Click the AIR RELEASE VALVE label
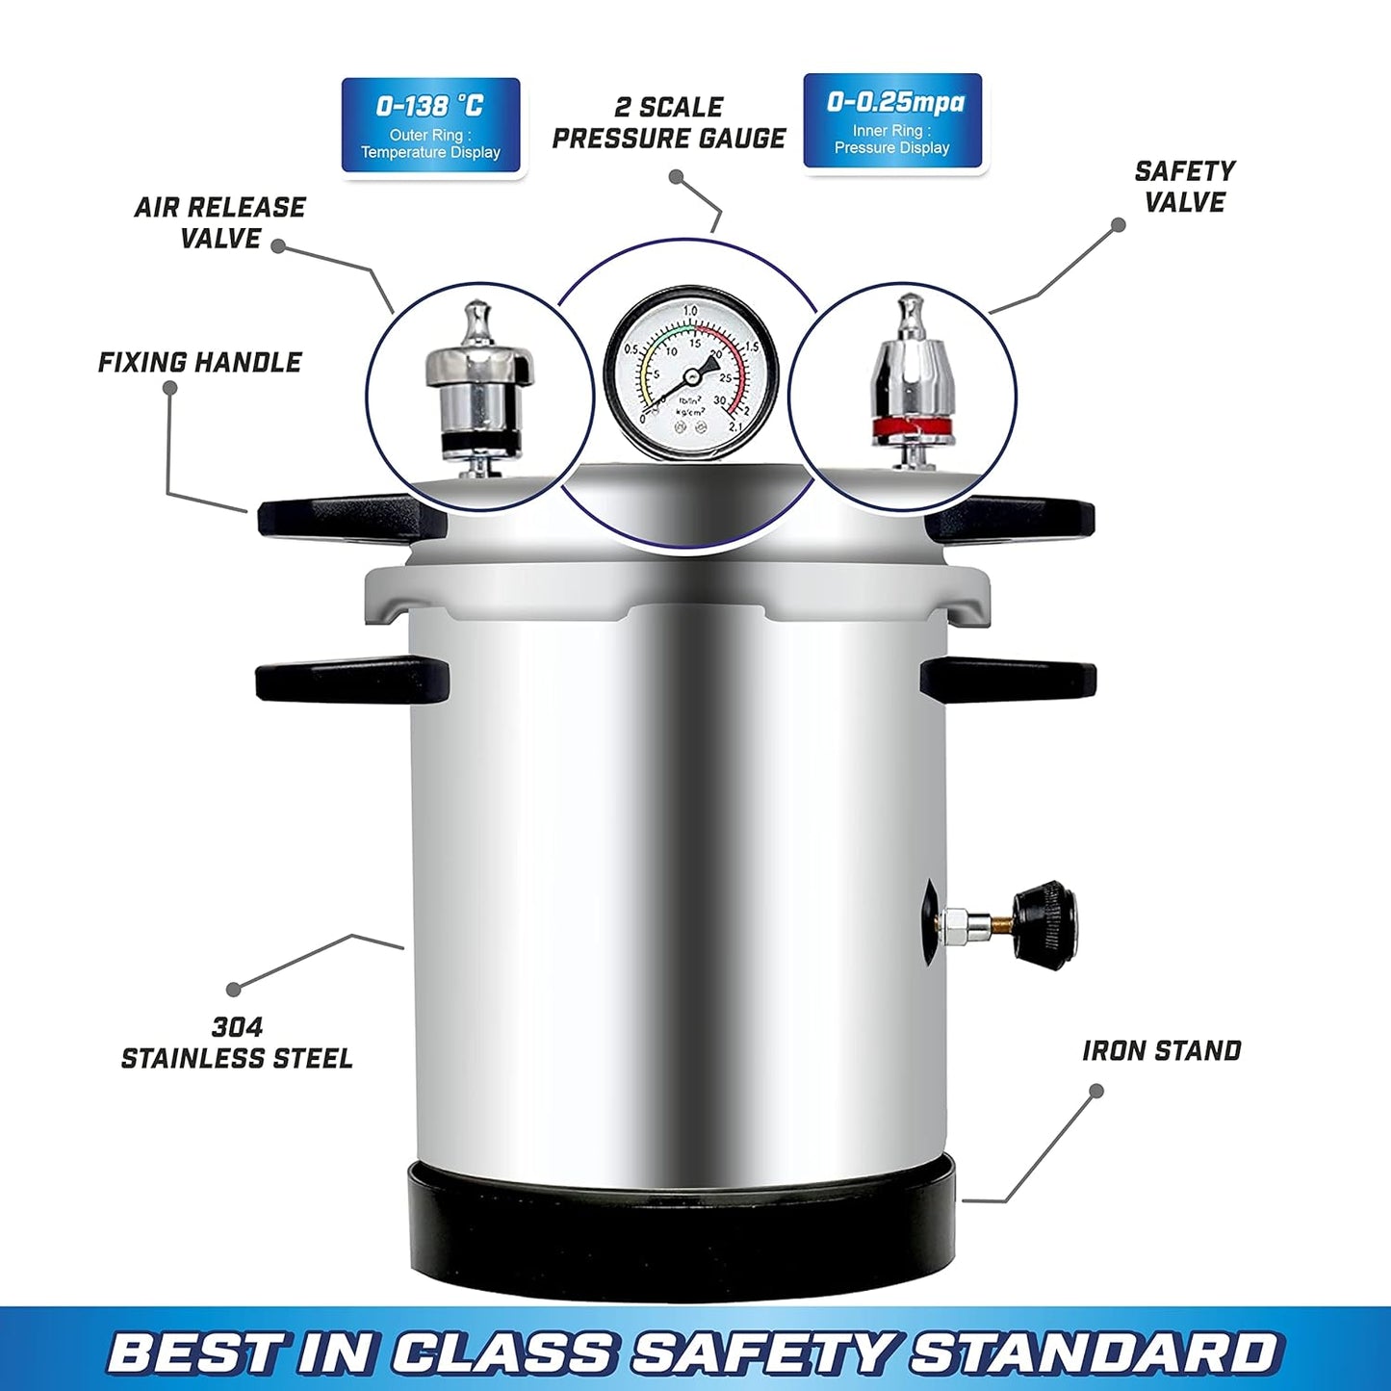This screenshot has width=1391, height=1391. (219, 222)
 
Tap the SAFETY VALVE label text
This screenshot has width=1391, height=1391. (1184, 187)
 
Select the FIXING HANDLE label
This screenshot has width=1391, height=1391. (199, 363)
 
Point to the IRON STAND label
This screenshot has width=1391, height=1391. (1161, 1050)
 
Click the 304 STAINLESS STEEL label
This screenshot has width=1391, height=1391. (237, 1043)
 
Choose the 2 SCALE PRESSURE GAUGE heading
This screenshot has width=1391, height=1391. (669, 123)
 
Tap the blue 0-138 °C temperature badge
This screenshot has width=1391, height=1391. (430, 126)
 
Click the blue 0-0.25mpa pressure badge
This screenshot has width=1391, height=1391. (892, 122)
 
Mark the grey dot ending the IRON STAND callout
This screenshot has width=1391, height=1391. (1095, 1091)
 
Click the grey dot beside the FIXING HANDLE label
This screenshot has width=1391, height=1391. (169, 388)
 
